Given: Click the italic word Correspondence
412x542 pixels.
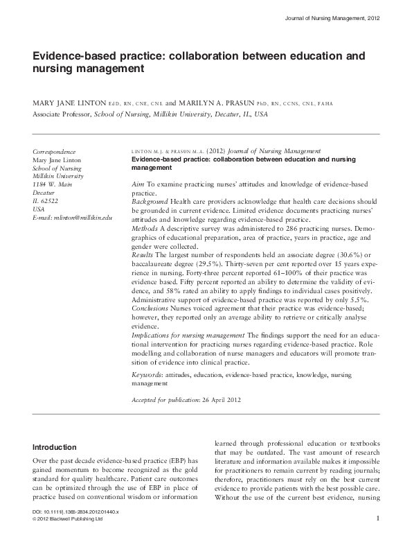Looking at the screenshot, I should (x=55, y=151).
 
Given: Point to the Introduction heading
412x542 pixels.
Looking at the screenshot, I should (x=55, y=446).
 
